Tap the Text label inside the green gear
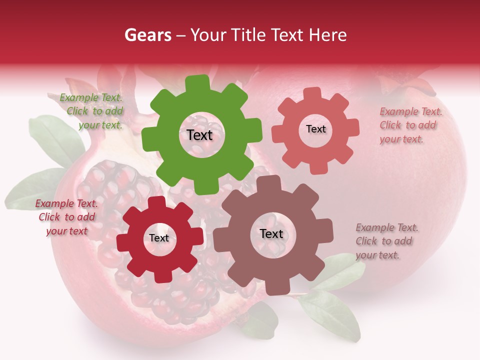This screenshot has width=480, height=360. click(x=199, y=135)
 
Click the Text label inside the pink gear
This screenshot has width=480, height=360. click(x=315, y=129)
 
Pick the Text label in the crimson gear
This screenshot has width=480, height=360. click(x=159, y=238)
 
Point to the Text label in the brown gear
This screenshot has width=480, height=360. click(x=271, y=234)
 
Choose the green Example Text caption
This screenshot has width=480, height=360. click(x=91, y=111)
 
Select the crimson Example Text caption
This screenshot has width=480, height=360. click(x=66, y=217)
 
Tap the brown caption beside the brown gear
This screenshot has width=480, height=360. click(x=386, y=241)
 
